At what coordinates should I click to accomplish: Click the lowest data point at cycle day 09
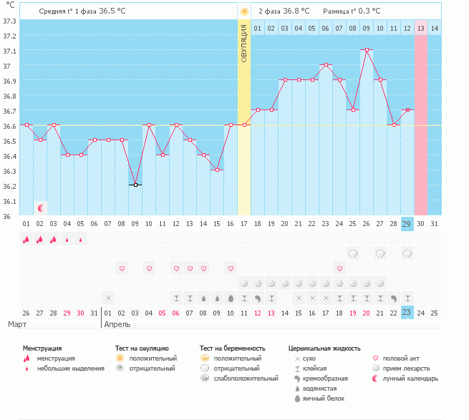click(135, 185)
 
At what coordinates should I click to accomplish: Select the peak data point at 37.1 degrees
click(367, 49)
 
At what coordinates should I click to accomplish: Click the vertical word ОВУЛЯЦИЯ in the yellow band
click(244, 42)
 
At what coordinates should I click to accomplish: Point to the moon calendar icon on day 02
click(41, 207)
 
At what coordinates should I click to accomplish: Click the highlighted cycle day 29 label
click(407, 224)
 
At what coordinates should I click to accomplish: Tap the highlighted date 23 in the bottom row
click(407, 313)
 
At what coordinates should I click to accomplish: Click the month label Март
click(17, 324)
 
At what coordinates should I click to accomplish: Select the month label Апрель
click(117, 324)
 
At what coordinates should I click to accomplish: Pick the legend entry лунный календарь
click(410, 378)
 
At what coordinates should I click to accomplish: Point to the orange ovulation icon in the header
click(244, 11)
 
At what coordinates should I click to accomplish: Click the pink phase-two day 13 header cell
click(421, 28)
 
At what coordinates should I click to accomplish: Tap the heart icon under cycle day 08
click(122, 268)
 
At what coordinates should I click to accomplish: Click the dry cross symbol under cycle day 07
click(108, 297)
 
